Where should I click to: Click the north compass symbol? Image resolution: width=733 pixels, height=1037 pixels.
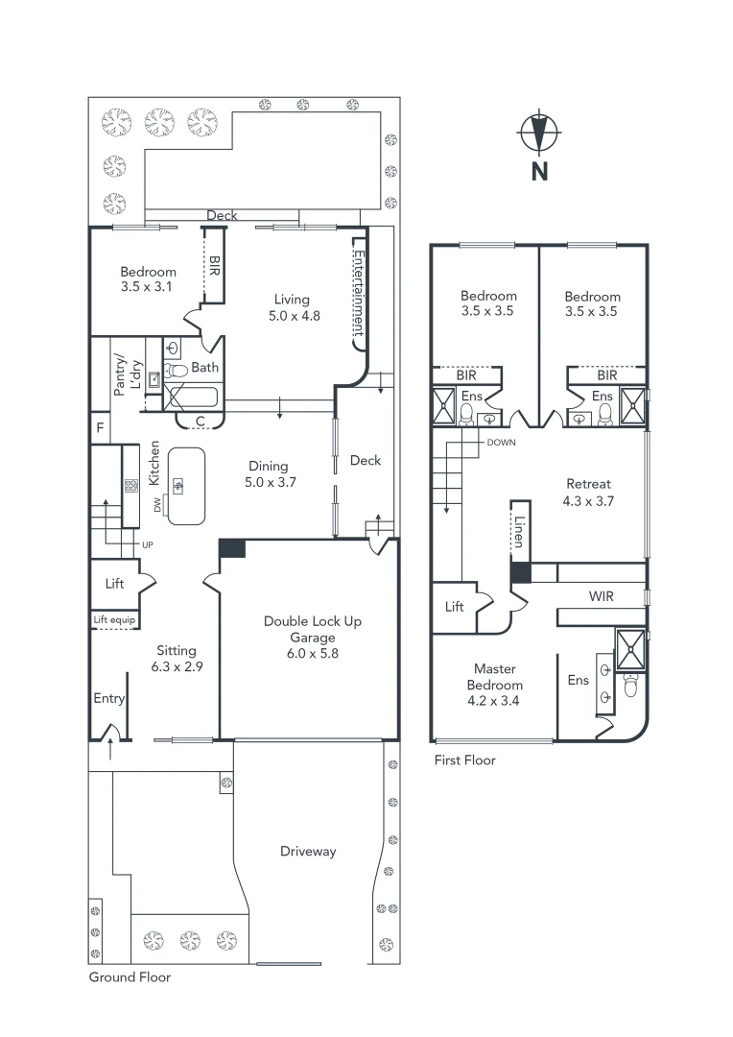click(539, 134)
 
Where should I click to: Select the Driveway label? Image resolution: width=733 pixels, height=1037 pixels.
click(308, 851)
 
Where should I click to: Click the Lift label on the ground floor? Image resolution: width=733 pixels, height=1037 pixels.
click(114, 584)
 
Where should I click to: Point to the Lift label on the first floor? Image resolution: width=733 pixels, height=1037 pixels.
click(455, 607)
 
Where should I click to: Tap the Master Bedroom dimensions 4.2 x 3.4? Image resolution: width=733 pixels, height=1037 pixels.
click(494, 701)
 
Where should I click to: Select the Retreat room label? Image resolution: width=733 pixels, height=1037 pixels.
click(588, 484)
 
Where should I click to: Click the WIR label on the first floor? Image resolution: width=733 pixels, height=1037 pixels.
click(602, 596)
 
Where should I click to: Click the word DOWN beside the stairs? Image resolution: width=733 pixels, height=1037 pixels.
click(501, 443)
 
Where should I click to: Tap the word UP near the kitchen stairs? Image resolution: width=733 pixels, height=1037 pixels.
click(148, 544)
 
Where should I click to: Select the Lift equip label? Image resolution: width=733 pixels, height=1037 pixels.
click(114, 620)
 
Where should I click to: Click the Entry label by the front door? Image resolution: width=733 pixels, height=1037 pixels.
click(108, 698)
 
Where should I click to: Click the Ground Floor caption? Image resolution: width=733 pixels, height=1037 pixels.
click(130, 977)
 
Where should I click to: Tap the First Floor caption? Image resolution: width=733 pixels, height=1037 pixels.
click(464, 760)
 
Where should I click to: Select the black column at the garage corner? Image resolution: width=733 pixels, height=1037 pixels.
click(232, 548)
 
